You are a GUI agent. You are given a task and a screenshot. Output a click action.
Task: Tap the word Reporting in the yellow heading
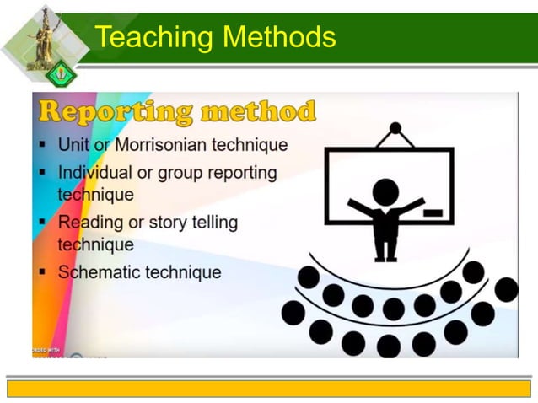(x=115, y=111)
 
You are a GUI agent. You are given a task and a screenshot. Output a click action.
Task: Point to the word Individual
(x=94, y=172)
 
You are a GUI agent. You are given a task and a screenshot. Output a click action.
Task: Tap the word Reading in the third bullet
(x=89, y=223)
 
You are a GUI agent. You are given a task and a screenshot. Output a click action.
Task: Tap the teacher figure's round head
(x=385, y=191)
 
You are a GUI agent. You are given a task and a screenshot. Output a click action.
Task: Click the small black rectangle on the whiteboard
(x=433, y=212)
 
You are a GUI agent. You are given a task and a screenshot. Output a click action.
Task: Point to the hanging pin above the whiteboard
(x=395, y=129)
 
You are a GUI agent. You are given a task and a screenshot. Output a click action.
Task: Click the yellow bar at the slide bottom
(x=269, y=388)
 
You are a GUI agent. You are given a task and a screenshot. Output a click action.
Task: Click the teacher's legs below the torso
(x=385, y=248)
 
